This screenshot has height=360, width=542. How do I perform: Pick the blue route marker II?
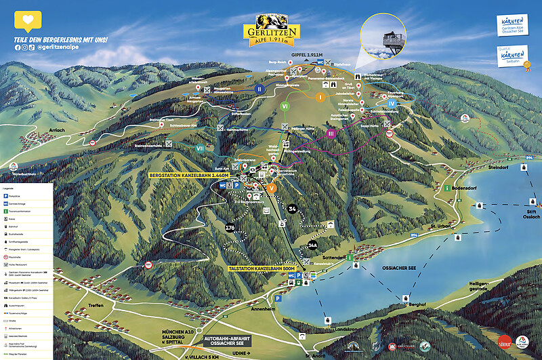(x=259, y=88)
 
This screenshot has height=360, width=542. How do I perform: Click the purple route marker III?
(x=331, y=134)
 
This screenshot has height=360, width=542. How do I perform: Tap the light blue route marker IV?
(x=392, y=103)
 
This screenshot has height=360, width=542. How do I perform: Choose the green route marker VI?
(x=285, y=106)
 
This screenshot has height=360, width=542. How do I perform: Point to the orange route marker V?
(x=272, y=188)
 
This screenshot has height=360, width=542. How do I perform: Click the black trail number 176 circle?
(x=230, y=228)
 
